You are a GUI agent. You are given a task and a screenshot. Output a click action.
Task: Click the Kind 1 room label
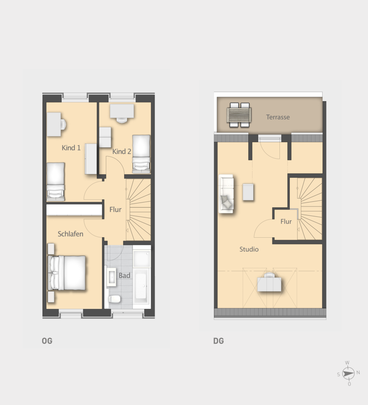coord(71,148)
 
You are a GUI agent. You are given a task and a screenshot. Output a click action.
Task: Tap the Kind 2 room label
coord(122,151)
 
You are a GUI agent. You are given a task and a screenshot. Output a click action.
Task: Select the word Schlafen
coord(70,234)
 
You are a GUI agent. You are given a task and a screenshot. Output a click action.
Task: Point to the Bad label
coord(124,276)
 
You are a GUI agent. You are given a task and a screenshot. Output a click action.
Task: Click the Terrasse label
coord(278,117)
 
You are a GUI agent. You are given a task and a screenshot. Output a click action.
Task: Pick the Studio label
coord(249,249)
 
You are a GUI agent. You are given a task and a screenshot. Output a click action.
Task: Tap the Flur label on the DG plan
coord(286,221)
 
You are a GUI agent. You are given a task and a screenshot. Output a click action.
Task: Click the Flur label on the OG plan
coord(115,210)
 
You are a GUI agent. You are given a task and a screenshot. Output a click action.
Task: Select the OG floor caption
coord(47,341)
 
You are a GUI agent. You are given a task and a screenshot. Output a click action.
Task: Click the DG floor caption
coord(219,341)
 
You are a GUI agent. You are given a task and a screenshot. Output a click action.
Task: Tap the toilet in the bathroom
coord(114,299)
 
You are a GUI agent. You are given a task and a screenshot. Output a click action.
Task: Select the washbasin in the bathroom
coord(111,277)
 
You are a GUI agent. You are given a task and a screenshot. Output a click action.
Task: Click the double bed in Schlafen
coord(67,273)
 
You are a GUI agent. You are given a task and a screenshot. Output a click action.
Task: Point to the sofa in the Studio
coord(226,194)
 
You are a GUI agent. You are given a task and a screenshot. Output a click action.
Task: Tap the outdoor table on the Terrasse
coord(239,115)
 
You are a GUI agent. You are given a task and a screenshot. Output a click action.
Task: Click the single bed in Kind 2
coord(141,154)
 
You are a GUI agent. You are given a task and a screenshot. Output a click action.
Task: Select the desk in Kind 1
coord(54,124)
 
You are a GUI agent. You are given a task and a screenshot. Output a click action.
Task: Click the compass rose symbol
coord(348,373)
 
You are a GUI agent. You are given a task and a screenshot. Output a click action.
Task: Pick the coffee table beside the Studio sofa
coord(248,192)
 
